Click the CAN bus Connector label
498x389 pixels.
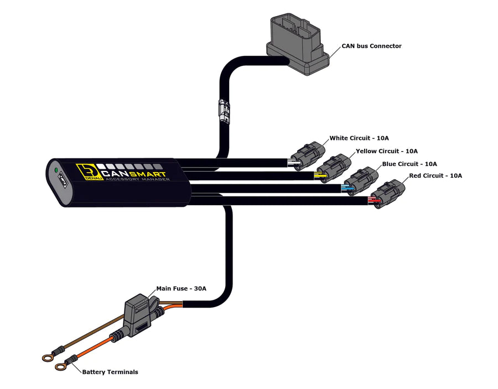[x=371, y=46]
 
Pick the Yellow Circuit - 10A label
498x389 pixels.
[x=387, y=151]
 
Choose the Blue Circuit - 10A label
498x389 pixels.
[x=409, y=164]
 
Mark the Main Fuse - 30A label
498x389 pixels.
[x=181, y=288]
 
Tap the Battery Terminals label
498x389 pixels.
[x=110, y=372]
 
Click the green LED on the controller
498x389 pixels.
[x=55, y=171]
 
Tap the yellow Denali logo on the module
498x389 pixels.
[x=85, y=172]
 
